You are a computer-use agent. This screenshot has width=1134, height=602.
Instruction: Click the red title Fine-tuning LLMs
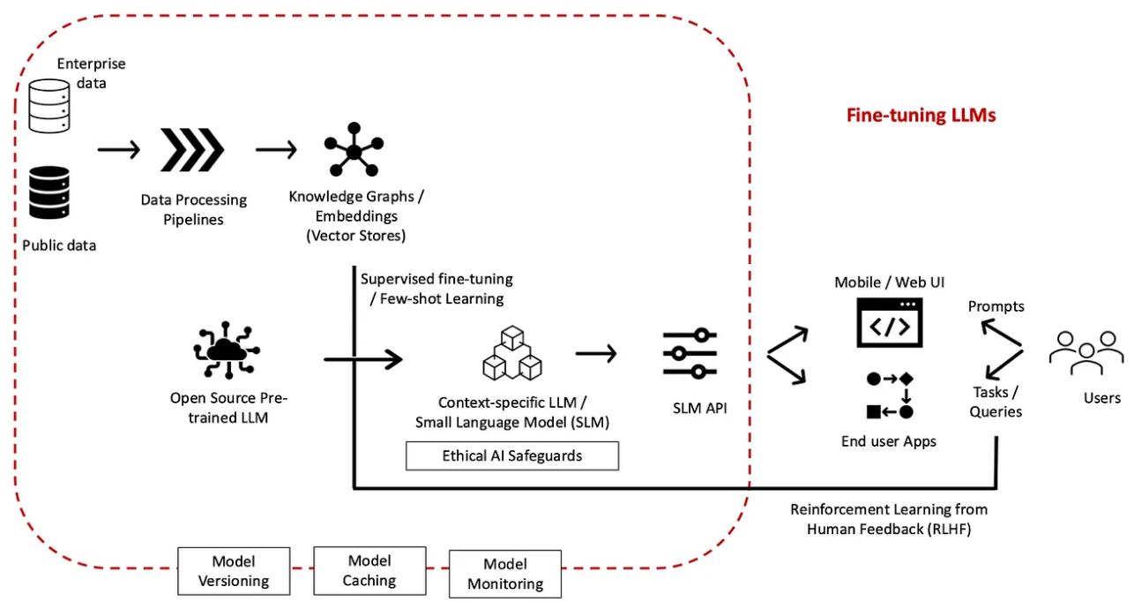(x=921, y=116)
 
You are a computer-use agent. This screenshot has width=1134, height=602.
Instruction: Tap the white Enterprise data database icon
(x=49, y=106)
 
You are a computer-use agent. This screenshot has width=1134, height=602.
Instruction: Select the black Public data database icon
(x=49, y=192)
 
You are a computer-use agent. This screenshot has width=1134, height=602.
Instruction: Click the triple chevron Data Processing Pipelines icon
(x=192, y=149)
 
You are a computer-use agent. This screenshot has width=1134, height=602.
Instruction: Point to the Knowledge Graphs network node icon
(x=354, y=149)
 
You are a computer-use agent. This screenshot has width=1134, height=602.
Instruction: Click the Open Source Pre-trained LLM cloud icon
(x=227, y=350)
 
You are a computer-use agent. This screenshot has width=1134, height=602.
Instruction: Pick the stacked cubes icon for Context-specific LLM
(x=512, y=353)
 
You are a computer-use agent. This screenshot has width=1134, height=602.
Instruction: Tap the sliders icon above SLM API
(x=690, y=354)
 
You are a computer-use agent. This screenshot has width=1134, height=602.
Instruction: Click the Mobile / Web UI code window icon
(x=890, y=322)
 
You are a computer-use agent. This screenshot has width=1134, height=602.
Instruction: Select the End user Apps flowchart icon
(x=890, y=395)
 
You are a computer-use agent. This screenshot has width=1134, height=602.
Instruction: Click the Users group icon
(x=1086, y=353)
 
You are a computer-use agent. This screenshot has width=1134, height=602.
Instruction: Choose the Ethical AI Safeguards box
(x=512, y=456)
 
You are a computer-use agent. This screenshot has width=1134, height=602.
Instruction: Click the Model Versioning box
(x=234, y=571)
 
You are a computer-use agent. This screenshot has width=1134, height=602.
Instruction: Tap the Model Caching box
(x=370, y=570)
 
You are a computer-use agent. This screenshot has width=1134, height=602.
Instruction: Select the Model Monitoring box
(x=505, y=574)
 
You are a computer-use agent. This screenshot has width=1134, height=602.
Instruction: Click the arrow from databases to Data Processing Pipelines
(x=118, y=149)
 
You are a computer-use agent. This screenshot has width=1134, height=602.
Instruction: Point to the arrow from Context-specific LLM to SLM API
(x=596, y=353)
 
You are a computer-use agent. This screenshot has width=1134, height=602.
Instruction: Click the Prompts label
(x=996, y=306)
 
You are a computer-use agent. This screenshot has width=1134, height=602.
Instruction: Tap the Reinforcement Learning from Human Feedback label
(x=889, y=519)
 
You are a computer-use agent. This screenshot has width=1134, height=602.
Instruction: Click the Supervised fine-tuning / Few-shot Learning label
(x=436, y=289)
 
